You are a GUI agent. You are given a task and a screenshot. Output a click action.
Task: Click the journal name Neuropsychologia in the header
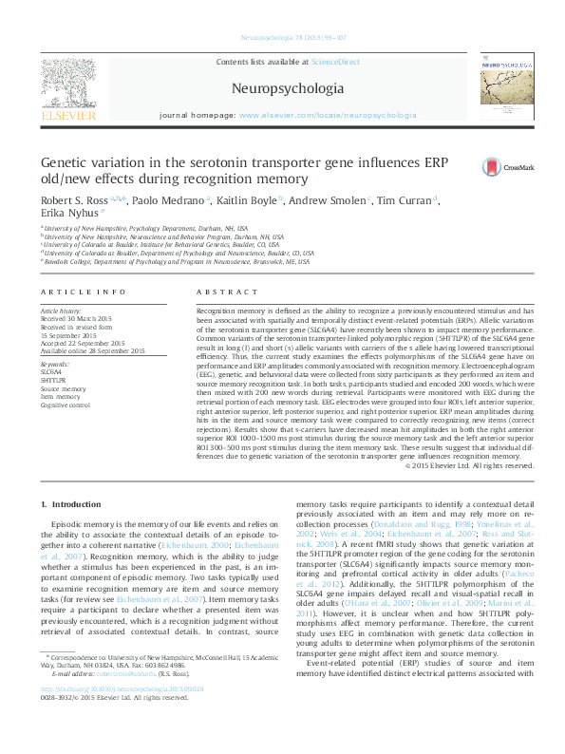(x=282, y=87)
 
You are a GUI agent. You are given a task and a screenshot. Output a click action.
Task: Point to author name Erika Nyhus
(x=65, y=214)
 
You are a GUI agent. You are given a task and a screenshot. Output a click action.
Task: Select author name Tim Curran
(x=404, y=200)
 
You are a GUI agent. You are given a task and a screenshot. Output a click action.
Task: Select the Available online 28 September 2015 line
(x=92, y=350)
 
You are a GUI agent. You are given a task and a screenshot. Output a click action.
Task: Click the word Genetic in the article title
(x=64, y=162)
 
